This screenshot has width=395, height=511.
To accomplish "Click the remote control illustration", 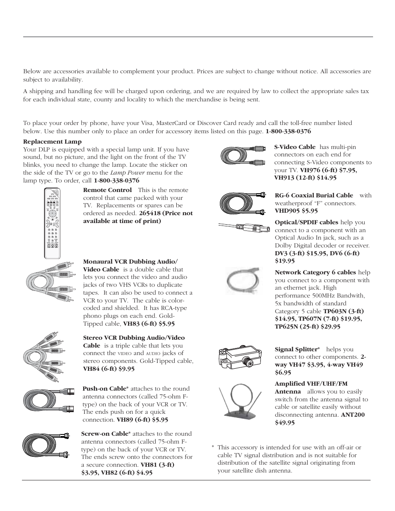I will tap(52, 223).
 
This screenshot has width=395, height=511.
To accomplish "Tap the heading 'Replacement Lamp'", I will tap(52, 142).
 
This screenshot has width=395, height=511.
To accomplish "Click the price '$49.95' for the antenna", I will tap(285, 422).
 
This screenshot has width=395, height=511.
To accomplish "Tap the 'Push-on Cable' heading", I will tap(104, 389).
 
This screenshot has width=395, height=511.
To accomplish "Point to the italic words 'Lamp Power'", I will tap(125, 173).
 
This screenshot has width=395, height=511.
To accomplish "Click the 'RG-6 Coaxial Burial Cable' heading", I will tap(314, 195).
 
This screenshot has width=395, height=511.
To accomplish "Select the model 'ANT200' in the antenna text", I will tap(353, 415).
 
